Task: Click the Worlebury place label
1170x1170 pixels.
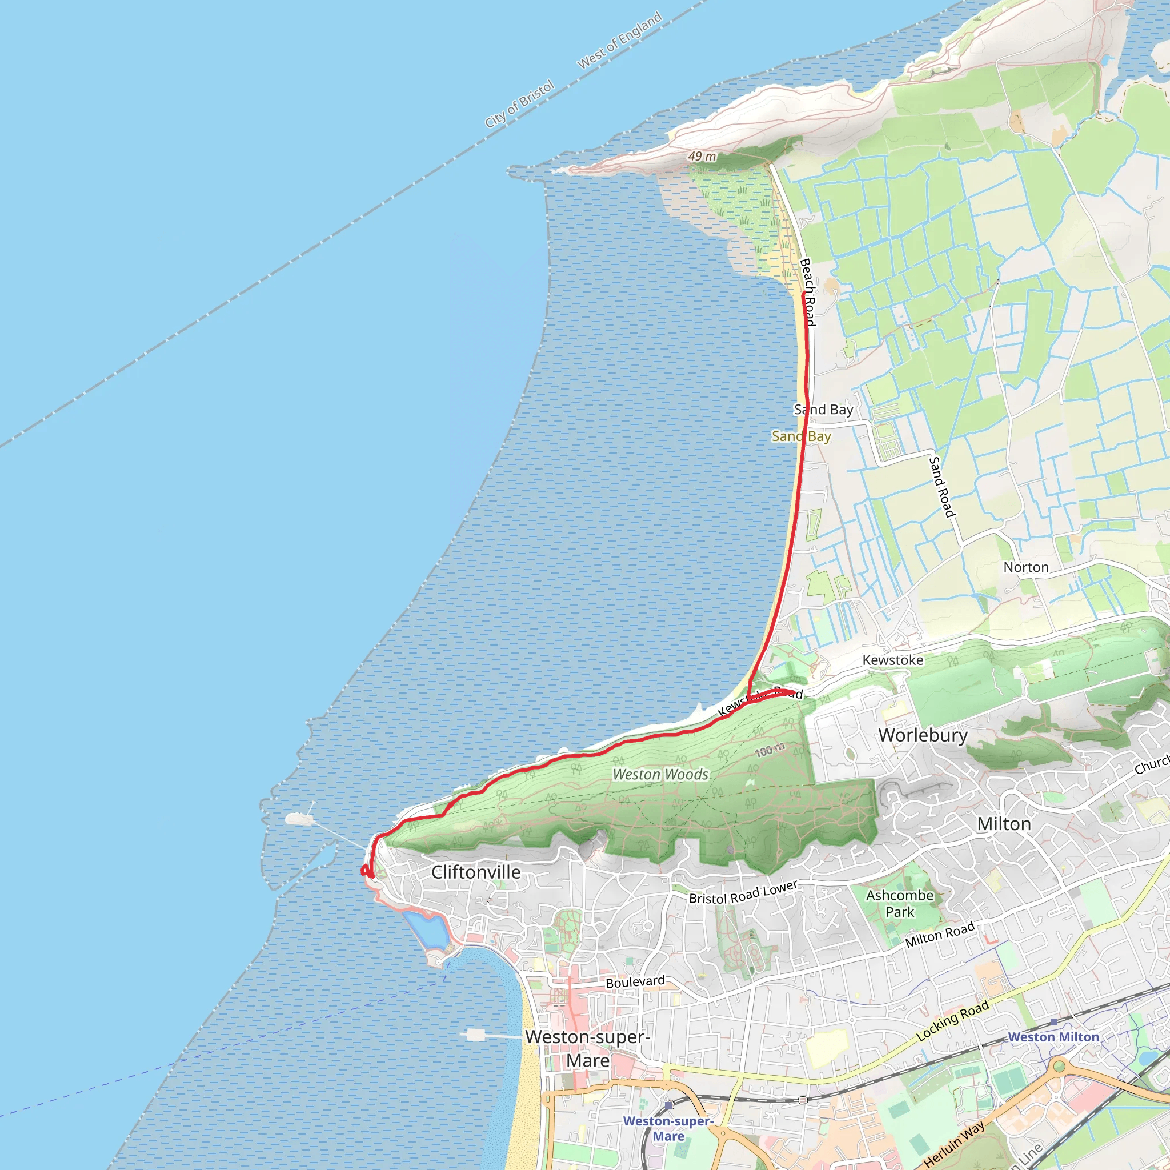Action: tap(923, 735)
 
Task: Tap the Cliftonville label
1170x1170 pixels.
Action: tap(476, 872)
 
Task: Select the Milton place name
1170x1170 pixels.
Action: tap(1004, 824)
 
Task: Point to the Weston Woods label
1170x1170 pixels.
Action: tap(660, 775)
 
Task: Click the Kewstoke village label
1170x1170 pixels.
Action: tap(893, 660)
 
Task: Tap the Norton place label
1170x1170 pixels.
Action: tap(1026, 567)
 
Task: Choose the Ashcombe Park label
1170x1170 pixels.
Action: tap(900, 904)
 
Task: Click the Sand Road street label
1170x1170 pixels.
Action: tap(941, 487)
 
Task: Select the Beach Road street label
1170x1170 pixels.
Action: tap(808, 292)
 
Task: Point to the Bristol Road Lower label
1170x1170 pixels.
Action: tap(743, 893)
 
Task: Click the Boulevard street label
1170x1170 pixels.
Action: tap(635, 981)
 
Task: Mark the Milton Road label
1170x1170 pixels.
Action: tap(940, 935)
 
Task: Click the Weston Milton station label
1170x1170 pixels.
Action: tap(1053, 1037)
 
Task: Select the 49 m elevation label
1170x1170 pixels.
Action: tap(702, 156)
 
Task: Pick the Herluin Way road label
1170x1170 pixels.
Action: tap(955, 1143)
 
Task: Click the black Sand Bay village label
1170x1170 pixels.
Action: tap(824, 410)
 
